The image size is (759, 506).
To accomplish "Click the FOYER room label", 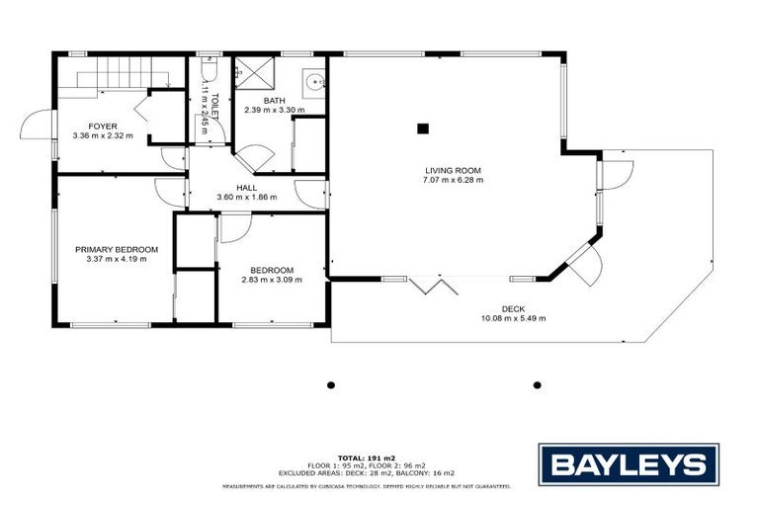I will tap(102, 126).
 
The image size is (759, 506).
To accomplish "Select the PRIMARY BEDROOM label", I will tap(117, 249).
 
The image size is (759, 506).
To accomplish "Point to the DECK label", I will tap(513, 307).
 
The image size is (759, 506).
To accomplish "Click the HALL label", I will tap(247, 187).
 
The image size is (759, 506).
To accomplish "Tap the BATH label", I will tap(274, 100).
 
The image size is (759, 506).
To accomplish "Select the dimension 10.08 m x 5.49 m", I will tap(513, 318).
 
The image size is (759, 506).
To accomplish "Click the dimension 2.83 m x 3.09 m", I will tap(272, 280).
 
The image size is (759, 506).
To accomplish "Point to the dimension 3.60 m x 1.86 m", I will tap(247, 197).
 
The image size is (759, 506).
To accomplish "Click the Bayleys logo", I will tap(628, 464).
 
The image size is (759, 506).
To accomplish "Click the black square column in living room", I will tap(423, 126).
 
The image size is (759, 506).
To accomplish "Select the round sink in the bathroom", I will tap(313, 83).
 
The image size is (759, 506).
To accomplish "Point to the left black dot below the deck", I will tap(331, 384).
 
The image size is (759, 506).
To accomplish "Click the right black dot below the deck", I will tap(538, 384).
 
